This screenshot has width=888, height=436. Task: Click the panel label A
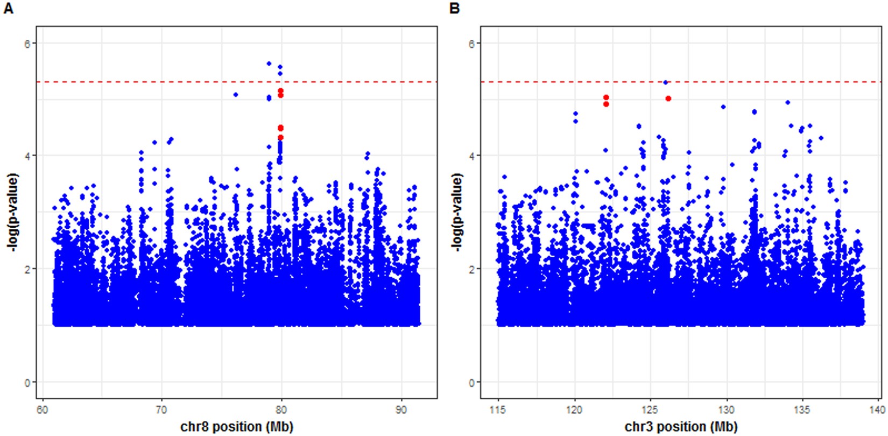(8, 9)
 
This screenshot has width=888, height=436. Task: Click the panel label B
(454, 9)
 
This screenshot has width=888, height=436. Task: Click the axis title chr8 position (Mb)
(237, 427)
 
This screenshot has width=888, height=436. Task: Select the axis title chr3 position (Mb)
(681, 427)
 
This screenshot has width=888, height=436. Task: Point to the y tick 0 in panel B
(471, 382)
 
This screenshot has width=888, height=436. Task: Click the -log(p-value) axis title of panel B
(457, 212)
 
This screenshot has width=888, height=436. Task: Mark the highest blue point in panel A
(269, 64)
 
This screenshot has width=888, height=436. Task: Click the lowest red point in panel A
(280, 138)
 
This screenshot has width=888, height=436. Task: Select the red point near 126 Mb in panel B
(668, 99)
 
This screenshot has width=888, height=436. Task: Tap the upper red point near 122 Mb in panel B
(606, 97)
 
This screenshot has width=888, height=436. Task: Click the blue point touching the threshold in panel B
(666, 82)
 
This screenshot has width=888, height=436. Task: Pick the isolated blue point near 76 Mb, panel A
(235, 95)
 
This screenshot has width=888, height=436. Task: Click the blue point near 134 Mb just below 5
(787, 102)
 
